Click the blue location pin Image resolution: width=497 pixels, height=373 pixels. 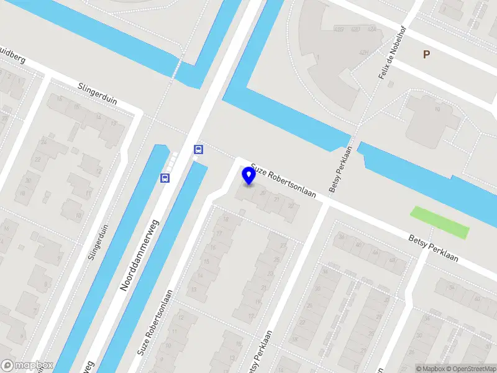pos(249,175)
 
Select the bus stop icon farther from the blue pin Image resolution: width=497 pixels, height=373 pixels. pos(165,178)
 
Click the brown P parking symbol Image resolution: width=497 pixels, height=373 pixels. pos(426,55)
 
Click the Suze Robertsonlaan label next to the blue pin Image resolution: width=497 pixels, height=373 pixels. pos(283,182)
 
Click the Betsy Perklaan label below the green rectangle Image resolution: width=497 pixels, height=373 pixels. pos(434,248)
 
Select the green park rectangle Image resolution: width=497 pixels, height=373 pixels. pos(439,222)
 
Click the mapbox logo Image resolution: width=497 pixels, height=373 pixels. pos(27,365)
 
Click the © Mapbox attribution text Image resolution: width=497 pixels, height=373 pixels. pos(430,369)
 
